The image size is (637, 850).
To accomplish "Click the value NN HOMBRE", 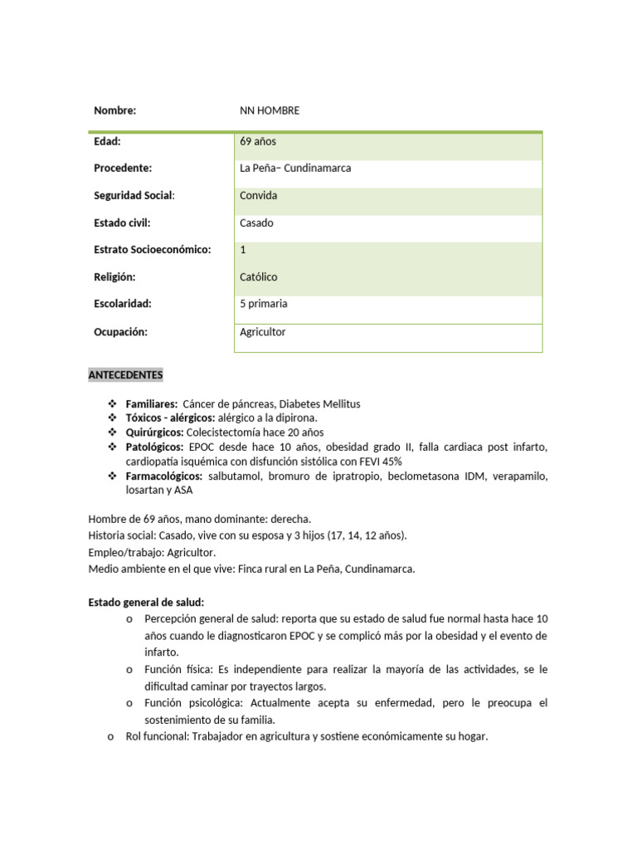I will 270,110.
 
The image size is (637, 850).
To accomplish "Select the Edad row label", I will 107,141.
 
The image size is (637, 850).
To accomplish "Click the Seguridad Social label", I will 134,196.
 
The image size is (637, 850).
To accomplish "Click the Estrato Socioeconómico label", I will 153,250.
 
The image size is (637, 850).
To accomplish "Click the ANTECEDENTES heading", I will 126,375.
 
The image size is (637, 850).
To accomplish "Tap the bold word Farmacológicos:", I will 164,476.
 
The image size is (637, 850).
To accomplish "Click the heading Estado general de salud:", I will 146,602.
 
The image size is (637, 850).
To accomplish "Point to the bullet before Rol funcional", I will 111,736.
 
